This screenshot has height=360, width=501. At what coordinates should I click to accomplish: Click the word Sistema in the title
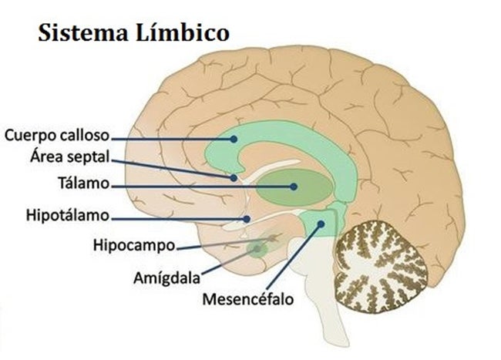(x=82, y=32)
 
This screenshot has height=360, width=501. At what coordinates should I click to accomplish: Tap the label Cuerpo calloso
(x=57, y=136)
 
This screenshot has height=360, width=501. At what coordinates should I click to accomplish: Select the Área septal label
(x=70, y=156)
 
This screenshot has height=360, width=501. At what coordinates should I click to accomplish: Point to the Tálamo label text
(x=84, y=183)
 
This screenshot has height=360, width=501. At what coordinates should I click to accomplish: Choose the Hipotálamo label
(x=68, y=215)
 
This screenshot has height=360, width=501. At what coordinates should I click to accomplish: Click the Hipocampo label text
(x=134, y=245)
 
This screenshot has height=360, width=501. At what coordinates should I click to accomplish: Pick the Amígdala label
(x=166, y=278)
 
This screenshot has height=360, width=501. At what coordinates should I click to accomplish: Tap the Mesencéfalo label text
(x=248, y=299)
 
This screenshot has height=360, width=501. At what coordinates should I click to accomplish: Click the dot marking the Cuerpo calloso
(x=234, y=139)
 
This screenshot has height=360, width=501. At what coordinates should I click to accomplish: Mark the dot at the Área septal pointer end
(x=234, y=177)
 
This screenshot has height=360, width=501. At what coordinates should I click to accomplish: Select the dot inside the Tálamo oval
(x=294, y=187)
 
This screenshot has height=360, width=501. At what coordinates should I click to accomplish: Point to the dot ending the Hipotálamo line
(x=247, y=219)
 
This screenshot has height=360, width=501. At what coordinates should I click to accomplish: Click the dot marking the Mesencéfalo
(x=321, y=224)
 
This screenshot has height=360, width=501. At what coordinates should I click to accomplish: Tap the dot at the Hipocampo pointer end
(x=272, y=238)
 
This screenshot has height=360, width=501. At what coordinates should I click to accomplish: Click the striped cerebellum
(x=381, y=266)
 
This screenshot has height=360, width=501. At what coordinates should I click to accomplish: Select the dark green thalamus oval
(x=294, y=187)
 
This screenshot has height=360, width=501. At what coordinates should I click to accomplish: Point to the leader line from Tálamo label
(x=202, y=187)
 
